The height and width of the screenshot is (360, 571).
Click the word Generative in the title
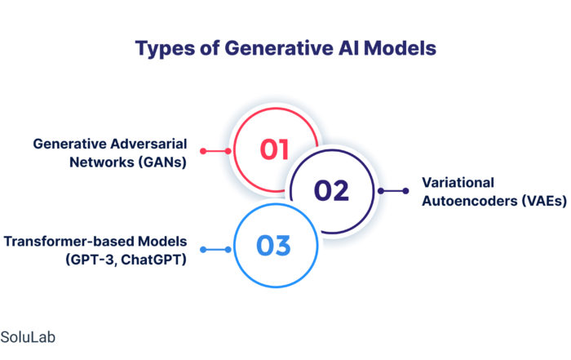point(279,48)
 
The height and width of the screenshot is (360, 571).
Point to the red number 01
point(274,149)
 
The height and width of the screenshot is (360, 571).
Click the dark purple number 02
point(331,190)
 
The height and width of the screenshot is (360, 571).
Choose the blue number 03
point(273,245)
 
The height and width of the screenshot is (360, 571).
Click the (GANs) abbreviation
point(162,162)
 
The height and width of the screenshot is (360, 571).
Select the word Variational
point(458,183)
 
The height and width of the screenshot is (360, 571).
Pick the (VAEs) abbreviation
point(544,201)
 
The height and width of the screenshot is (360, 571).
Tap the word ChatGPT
point(153,260)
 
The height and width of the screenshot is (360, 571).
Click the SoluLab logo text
point(28,337)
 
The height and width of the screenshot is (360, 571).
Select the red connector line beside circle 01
point(215,151)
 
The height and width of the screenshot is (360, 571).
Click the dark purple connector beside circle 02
point(393,190)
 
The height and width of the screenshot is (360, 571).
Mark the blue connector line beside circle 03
point(215,250)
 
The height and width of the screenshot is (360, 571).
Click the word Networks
point(102,162)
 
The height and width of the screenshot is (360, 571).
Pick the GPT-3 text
point(91,260)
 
